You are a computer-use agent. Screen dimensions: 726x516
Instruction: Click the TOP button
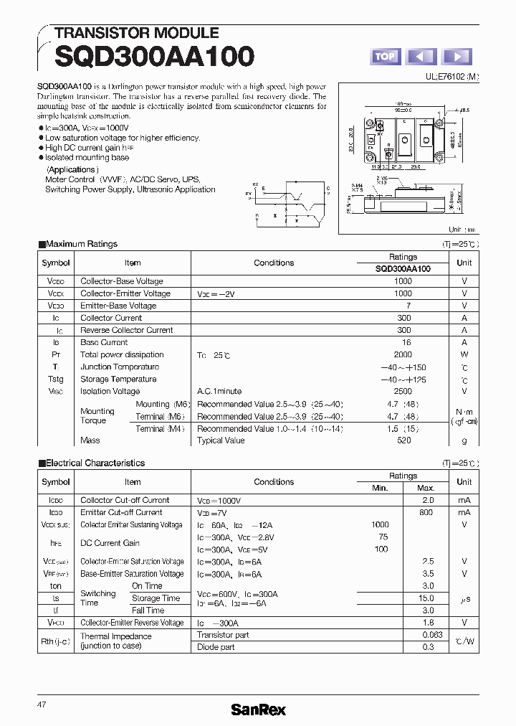[x=385, y=57]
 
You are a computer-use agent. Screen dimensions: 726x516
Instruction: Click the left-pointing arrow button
[x=421, y=57]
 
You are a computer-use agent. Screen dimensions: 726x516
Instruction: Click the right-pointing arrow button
[x=457, y=57]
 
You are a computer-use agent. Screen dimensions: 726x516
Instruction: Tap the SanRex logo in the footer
[x=258, y=709]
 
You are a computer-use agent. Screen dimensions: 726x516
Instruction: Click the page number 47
[x=42, y=705]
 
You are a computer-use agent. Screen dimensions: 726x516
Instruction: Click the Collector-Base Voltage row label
[x=122, y=281]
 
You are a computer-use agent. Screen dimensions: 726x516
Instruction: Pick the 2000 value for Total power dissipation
[x=403, y=354]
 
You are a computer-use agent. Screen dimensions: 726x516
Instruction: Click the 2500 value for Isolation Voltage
[x=403, y=391]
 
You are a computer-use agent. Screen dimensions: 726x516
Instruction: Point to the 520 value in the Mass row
[x=403, y=440]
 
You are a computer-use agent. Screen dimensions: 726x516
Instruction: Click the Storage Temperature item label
[x=118, y=379]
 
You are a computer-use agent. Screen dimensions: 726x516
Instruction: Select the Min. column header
[x=380, y=488]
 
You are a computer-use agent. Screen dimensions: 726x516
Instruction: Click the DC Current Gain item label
[x=110, y=543]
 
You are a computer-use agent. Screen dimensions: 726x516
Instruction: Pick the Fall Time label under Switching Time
[x=148, y=610]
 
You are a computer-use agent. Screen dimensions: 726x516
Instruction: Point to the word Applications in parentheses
[x=72, y=170]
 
